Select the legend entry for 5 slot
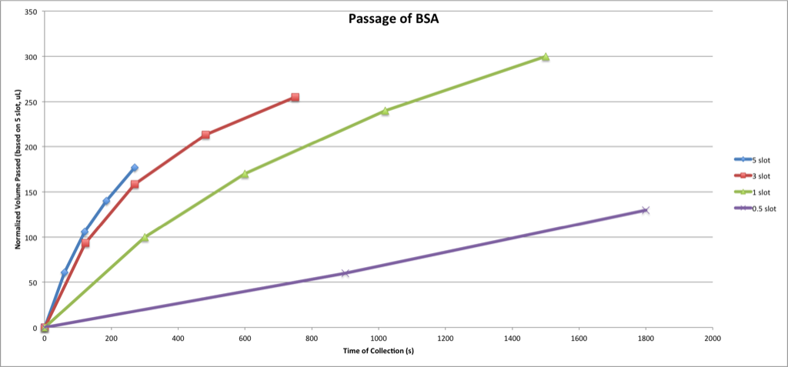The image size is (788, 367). pyautogui.click(x=760, y=160)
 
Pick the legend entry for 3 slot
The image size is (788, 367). pyautogui.click(x=760, y=176)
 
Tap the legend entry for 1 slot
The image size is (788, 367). pyautogui.click(x=760, y=192)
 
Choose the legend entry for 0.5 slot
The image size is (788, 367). pyautogui.click(x=762, y=209)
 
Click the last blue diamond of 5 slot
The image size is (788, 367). pyautogui.click(x=135, y=168)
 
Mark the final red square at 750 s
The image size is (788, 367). pyautogui.click(x=295, y=98)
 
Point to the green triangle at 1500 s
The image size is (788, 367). pyautogui.click(x=545, y=57)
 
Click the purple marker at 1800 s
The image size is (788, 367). pyautogui.click(x=646, y=210)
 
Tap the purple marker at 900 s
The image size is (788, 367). pyautogui.click(x=345, y=273)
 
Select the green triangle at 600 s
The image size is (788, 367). pyautogui.click(x=245, y=174)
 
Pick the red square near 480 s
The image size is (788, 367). pyautogui.click(x=205, y=135)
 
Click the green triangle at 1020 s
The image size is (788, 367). pyautogui.click(x=385, y=111)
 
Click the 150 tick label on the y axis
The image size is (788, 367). pyautogui.click(x=32, y=192)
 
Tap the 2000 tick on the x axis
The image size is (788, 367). pyautogui.click(x=712, y=339)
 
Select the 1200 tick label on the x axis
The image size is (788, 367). pyautogui.click(x=445, y=339)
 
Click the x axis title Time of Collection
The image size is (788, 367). pyautogui.click(x=378, y=352)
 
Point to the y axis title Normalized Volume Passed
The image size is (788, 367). pyautogui.click(x=17, y=170)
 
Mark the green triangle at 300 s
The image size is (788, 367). pyautogui.click(x=145, y=238)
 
